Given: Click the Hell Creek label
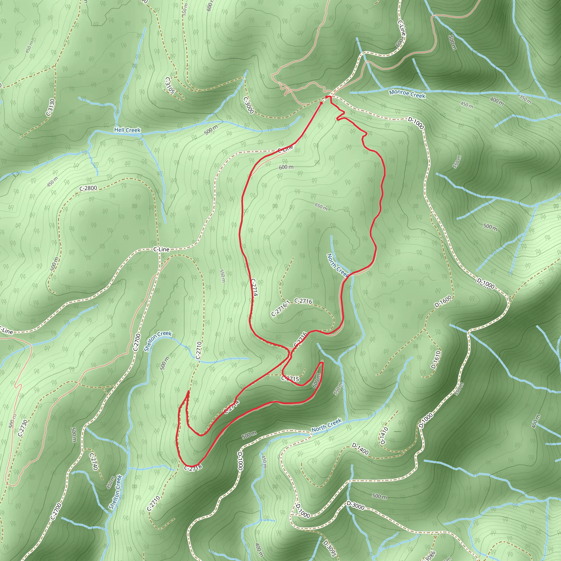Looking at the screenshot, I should click(x=127, y=130).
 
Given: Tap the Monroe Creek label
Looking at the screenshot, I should click(x=407, y=94).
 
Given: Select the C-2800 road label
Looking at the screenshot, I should click(x=88, y=188).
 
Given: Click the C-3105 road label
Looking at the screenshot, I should click(x=170, y=85).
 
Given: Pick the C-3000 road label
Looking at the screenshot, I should click(x=249, y=105).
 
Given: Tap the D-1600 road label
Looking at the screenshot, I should click(x=443, y=301).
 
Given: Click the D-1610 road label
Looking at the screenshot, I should click(x=436, y=359).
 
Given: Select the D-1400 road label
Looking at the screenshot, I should click(x=360, y=449).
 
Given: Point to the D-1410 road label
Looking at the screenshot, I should click(x=384, y=436).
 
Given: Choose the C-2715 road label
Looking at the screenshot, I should click(x=290, y=379).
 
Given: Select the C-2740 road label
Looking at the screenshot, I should click(x=93, y=461).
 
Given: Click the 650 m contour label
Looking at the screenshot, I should click(x=321, y=207).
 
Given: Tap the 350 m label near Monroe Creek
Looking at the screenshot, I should click(x=525, y=99).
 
